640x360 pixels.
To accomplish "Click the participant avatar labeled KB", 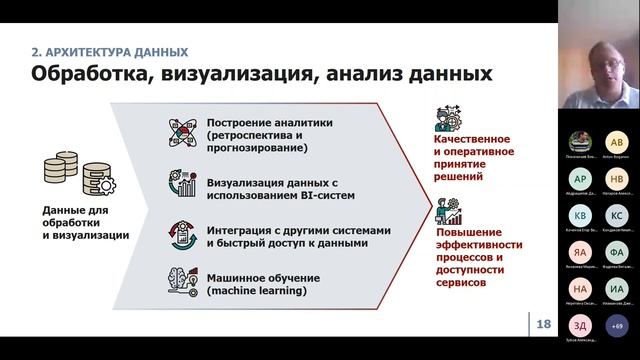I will [x=580, y=215].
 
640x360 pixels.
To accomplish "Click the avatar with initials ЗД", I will [x=580, y=326].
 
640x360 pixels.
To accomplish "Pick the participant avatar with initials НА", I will [x=580, y=289].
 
